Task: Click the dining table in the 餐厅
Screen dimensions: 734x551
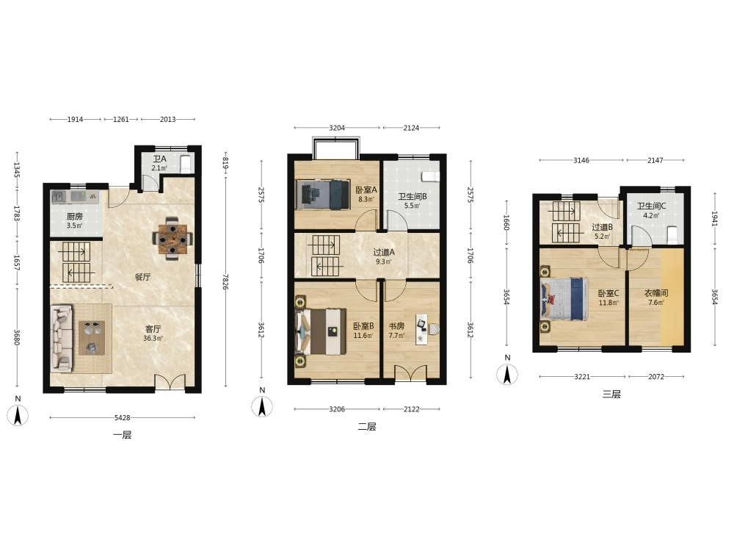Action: [x=172, y=239]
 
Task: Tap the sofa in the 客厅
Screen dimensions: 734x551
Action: [x=62, y=338]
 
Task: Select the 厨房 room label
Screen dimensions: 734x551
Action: [x=75, y=217]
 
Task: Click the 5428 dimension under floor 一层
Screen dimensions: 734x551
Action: [x=122, y=417]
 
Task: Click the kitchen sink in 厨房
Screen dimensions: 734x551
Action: [x=59, y=196]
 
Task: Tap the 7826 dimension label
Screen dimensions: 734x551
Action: [x=225, y=283]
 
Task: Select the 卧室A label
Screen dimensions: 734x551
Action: [x=366, y=190]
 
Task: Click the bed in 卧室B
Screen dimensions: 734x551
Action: [x=321, y=331]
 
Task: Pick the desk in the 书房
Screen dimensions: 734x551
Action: [x=421, y=329]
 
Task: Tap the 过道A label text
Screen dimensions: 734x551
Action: [x=384, y=252]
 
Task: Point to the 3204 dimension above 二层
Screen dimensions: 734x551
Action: [x=337, y=127]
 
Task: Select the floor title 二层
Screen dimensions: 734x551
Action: [x=367, y=426]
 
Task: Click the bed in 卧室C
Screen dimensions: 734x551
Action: [x=564, y=300]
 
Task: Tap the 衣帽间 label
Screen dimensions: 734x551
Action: [x=656, y=293]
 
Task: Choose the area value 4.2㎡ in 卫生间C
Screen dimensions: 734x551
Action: [x=651, y=215]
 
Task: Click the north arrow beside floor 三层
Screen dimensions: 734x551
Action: [x=507, y=375]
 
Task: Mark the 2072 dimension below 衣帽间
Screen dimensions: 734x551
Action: [x=655, y=376]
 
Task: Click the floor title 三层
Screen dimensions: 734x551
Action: [x=611, y=394]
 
